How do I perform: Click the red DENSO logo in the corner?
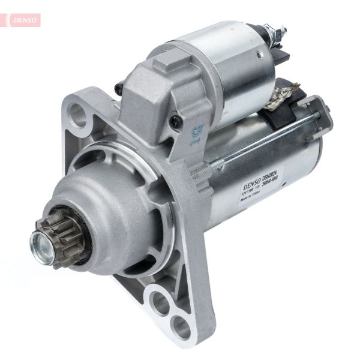click(24, 20)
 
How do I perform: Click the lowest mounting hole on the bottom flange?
click(181, 327)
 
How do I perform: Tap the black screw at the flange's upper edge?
click(119, 89)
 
